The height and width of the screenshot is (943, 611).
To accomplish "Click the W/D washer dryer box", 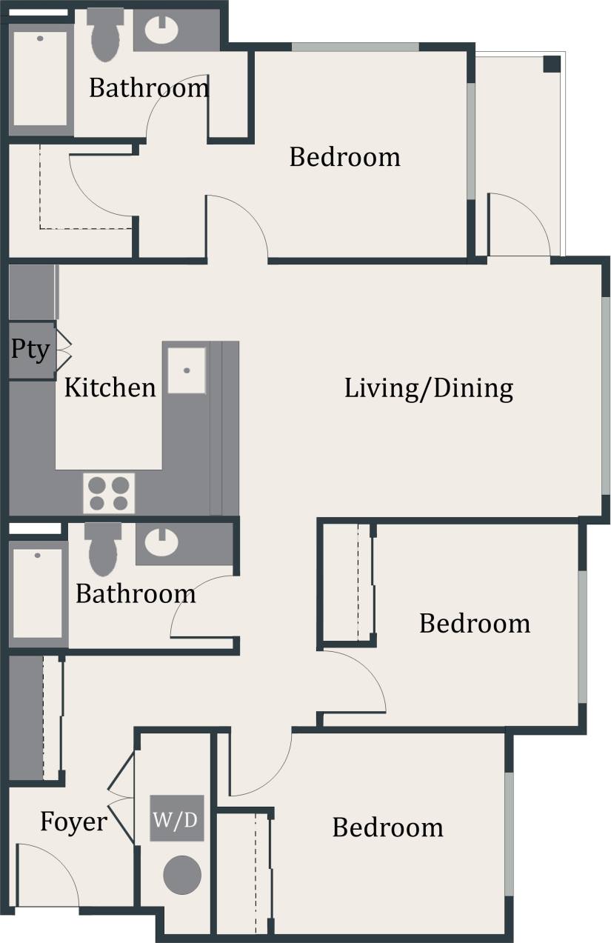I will [176, 819].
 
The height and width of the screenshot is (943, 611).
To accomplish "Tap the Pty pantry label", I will [30, 349].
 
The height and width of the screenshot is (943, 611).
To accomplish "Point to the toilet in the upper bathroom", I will [104, 34].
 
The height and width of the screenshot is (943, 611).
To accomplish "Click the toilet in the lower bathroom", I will [103, 549].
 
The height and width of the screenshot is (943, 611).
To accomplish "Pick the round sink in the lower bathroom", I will [161, 542].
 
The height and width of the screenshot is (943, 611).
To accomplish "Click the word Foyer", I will [73, 822].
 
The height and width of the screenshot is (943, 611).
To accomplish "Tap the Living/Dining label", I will [428, 388].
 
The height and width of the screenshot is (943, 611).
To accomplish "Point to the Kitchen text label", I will [110, 387].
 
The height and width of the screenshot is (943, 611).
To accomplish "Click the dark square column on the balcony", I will [552, 64].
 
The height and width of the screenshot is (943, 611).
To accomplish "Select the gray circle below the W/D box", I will [181, 875].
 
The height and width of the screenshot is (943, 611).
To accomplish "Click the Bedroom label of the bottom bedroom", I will [387, 827].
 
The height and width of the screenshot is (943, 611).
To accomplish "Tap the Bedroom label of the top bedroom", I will [344, 157].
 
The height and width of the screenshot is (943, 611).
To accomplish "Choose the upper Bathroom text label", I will [149, 88].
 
